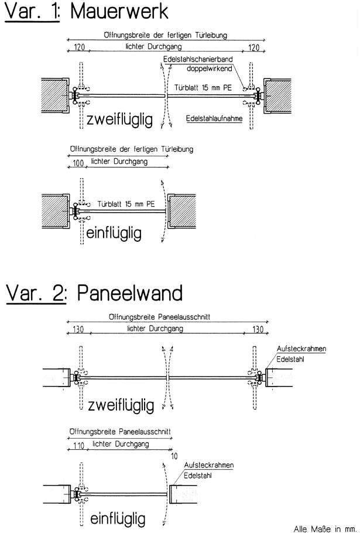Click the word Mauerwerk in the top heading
tap(119, 11)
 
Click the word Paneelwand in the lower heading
tap(129, 293)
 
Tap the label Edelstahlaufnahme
tap(214, 118)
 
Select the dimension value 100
tap(78, 163)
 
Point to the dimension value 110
tap(78, 445)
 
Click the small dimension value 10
tap(174, 456)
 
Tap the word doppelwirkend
tap(210, 69)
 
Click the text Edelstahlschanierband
tap(198, 59)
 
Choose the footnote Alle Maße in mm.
tap(325, 528)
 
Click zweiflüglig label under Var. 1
tap(119, 119)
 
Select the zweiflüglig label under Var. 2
tap(121, 405)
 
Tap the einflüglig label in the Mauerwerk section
tap(114, 234)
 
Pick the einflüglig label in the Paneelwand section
tap(118, 519)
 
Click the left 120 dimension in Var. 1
tap(79, 47)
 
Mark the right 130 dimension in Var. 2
tap(258, 329)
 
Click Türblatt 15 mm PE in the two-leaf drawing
tap(203, 88)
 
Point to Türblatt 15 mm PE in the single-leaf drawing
tap(126, 204)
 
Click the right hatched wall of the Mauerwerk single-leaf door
tap(183, 211)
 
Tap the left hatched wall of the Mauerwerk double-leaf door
tap(55, 95)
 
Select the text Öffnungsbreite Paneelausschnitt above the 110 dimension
tap(120, 431)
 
